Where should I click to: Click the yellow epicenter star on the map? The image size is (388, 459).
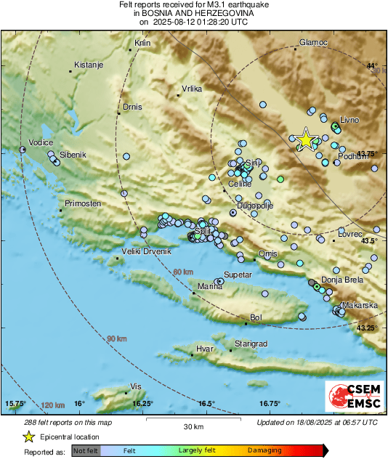[306, 139]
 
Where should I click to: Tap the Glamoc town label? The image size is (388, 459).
[314, 42]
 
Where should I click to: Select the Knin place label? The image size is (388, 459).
[142, 43]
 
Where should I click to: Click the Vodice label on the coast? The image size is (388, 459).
[41, 143]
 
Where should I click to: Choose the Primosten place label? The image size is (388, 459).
[82, 203]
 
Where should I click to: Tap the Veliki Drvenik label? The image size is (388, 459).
[146, 251]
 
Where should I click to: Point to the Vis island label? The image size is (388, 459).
[134, 386]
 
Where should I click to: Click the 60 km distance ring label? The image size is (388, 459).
[184, 272]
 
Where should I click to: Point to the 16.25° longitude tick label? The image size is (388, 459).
[143, 404]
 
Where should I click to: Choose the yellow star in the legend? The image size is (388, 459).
[28, 436]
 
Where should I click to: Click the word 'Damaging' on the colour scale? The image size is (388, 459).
[264, 450]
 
